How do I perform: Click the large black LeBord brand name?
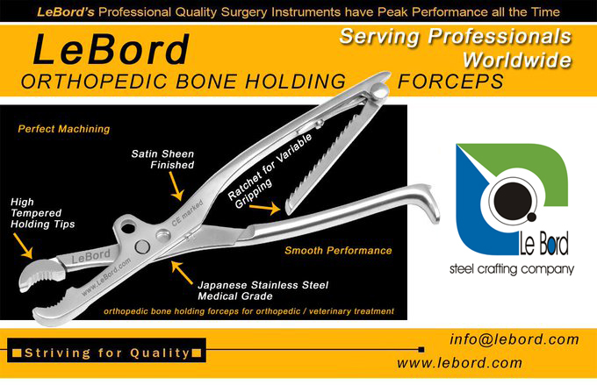111,49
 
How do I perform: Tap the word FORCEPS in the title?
450,82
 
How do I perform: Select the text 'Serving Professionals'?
456,37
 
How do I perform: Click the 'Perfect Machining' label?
64,129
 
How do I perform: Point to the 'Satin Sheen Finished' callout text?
162,160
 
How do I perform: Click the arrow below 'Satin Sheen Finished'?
176,186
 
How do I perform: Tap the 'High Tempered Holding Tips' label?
43,213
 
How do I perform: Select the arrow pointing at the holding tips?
23,246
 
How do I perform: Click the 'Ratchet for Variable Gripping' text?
270,171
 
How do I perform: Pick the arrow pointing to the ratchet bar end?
265,208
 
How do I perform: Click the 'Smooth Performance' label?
339,250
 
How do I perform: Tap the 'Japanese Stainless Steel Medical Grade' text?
263,290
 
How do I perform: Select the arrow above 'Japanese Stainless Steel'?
182,273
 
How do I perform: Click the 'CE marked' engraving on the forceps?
187,213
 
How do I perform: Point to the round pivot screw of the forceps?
142,247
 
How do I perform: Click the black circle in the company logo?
512,201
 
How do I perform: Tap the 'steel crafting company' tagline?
512,269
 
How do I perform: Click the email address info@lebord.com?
514,339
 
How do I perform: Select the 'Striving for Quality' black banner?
106,350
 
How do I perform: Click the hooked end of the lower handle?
428,203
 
